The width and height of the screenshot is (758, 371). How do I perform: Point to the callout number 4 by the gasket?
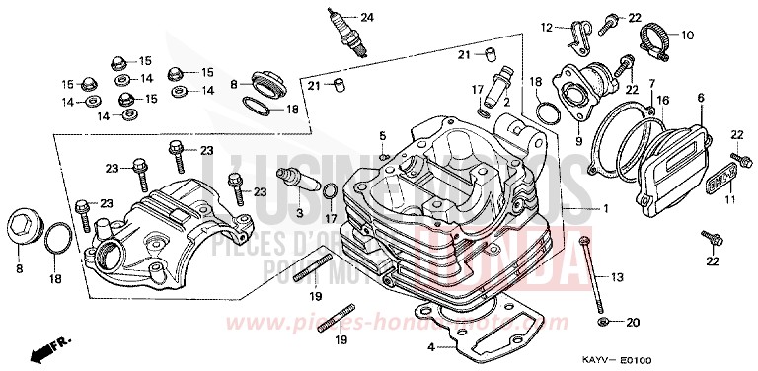(431, 346)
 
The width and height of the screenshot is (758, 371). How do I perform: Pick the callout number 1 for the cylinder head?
(607, 209)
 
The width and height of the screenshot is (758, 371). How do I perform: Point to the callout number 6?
(700, 98)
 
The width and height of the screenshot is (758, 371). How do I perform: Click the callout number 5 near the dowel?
(381, 135)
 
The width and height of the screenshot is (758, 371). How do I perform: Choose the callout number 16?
(663, 100)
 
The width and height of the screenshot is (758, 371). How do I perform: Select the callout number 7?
(651, 86)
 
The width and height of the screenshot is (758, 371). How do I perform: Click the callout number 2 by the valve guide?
(504, 102)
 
